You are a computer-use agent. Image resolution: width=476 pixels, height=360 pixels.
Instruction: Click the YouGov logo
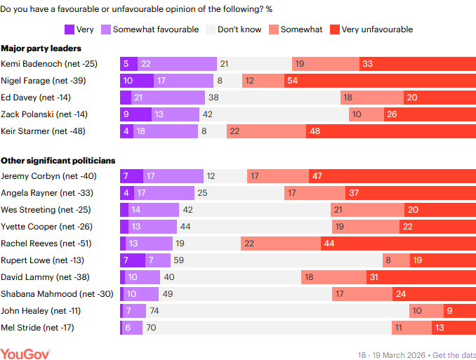25,353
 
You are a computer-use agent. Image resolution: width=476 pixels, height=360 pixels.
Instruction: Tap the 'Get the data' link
454,354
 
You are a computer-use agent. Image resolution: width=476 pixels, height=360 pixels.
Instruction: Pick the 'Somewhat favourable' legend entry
150,29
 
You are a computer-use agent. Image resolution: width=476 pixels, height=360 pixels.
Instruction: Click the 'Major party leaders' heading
41,48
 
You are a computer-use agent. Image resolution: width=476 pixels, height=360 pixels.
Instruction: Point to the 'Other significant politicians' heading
58,161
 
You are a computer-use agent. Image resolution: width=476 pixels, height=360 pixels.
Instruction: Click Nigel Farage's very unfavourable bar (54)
380,81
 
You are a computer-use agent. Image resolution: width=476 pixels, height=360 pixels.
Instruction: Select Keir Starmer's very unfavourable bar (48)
390,131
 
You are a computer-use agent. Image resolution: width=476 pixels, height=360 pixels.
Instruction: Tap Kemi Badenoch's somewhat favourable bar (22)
177,64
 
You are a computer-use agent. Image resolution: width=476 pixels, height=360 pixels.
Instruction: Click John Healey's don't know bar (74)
277,310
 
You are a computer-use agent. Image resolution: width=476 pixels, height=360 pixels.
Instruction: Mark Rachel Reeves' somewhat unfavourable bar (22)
281,243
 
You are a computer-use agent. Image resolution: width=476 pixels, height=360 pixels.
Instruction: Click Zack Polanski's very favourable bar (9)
135,114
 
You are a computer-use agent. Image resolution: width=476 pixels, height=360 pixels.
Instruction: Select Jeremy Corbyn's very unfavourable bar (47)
392,176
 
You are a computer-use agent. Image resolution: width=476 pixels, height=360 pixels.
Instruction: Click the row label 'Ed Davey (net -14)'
36,97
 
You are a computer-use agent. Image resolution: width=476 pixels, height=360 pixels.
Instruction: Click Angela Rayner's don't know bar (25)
239,193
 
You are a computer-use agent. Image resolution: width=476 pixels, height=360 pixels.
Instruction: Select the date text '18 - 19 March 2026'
391,354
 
